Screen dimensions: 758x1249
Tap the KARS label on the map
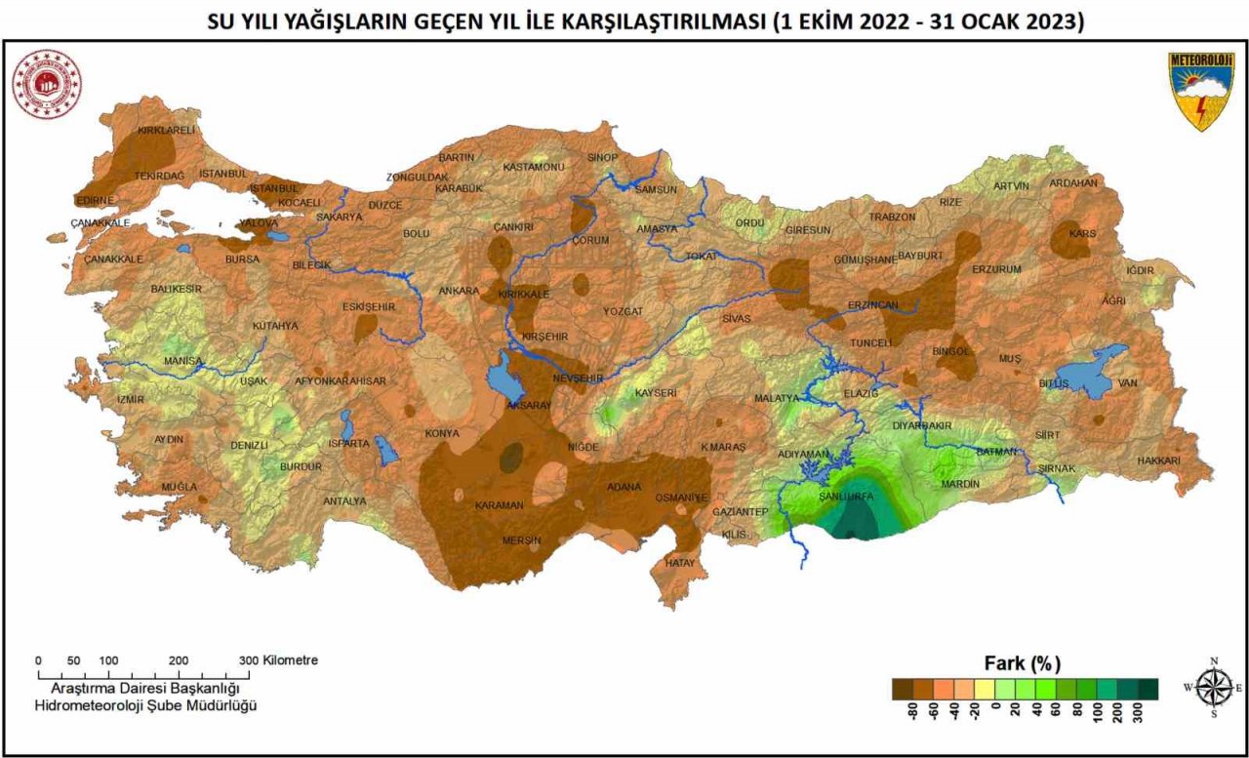(1082, 234)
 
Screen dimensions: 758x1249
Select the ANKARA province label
(458, 291)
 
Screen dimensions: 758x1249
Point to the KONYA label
(442, 433)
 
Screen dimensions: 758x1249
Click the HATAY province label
(679, 563)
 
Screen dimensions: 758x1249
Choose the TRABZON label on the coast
(892, 217)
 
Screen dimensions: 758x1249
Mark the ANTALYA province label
(344, 501)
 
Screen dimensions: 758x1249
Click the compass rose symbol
(1213, 686)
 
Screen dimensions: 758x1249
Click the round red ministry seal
(47, 84)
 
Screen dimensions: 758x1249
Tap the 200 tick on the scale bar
(179, 660)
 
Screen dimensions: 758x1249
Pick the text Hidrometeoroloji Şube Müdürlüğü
(146, 705)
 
